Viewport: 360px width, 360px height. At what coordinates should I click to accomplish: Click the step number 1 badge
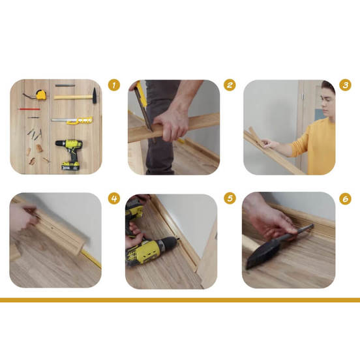114,85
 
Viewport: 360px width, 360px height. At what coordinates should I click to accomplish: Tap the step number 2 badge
230,85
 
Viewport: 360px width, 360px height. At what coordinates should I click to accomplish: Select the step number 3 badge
345,85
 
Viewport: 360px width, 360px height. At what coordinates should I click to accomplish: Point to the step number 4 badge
114,198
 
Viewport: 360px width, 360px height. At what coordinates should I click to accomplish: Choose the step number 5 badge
230,198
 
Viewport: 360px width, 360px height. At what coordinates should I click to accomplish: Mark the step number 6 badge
345,199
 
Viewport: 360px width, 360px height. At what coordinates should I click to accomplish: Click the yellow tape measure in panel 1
41,95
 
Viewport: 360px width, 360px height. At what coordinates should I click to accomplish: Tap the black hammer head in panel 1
95,95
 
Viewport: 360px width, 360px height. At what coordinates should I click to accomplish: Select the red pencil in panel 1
29,109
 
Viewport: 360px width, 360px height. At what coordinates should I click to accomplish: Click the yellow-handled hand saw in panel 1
72,120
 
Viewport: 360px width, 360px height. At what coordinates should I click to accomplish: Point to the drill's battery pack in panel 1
70,166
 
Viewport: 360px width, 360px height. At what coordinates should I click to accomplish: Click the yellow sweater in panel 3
316,147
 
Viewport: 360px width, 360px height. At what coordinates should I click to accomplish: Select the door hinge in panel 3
303,97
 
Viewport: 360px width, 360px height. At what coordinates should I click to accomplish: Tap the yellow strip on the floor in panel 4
91,258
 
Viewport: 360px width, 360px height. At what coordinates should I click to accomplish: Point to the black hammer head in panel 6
263,254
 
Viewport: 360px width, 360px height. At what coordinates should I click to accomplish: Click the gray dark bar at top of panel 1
65,85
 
